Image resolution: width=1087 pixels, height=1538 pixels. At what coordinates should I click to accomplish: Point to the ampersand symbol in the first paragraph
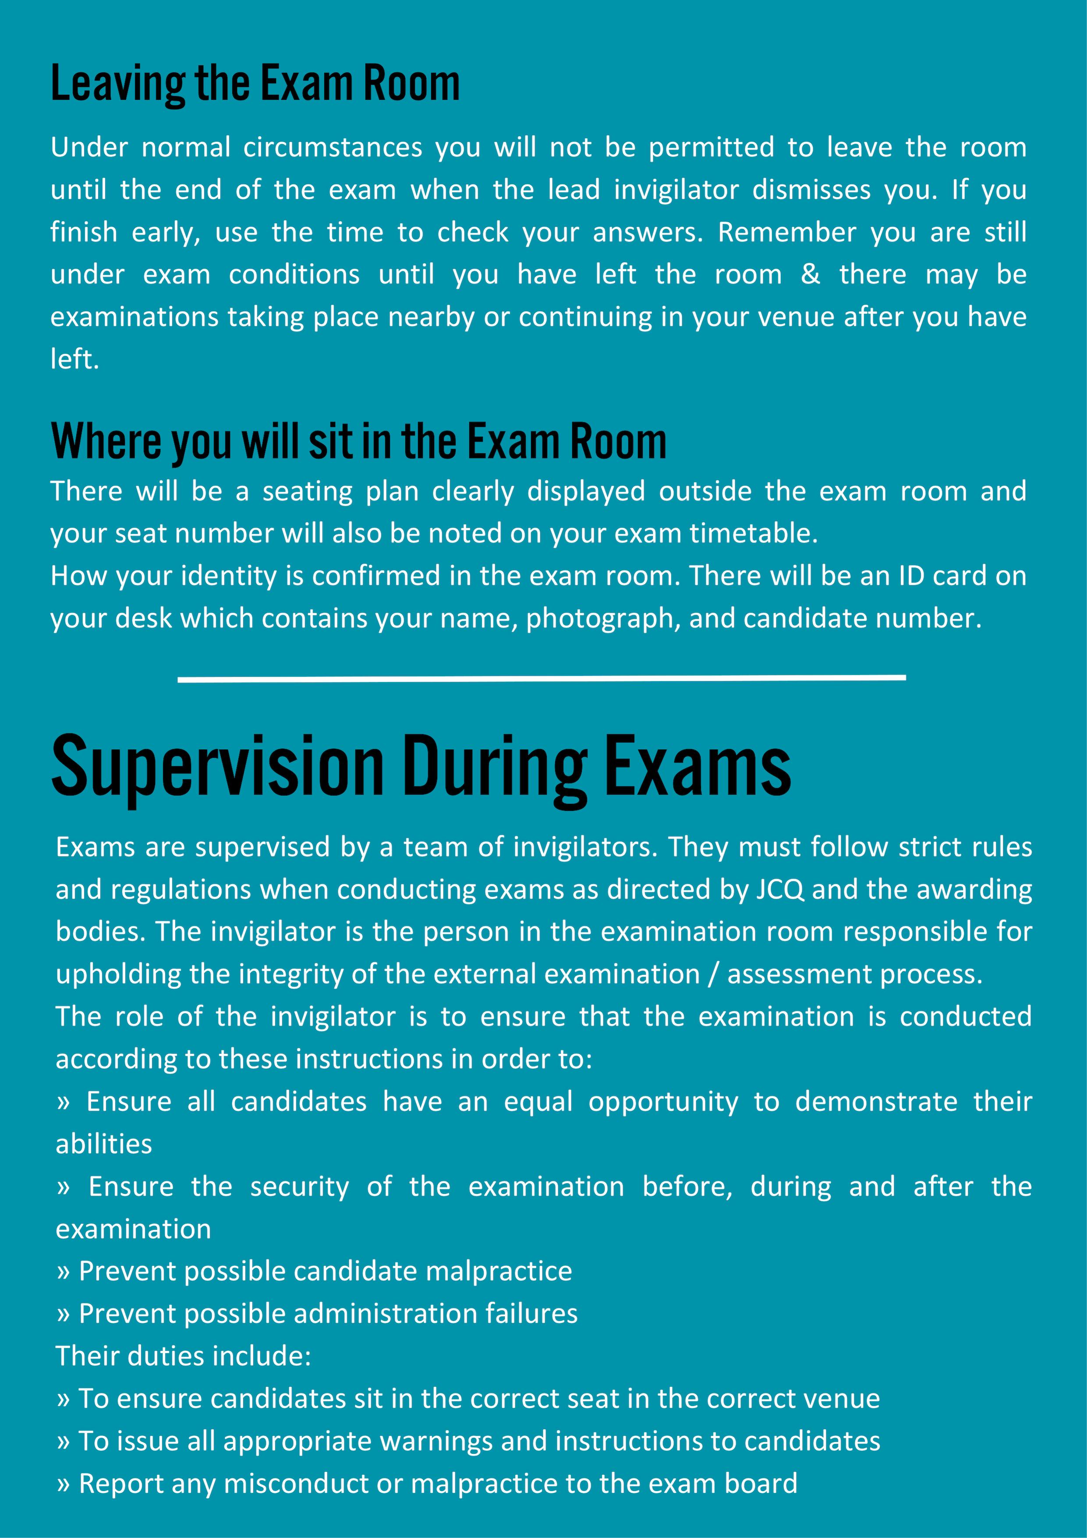(x=811, y=275)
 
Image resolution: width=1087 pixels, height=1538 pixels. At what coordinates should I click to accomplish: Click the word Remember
(x=787, y=232)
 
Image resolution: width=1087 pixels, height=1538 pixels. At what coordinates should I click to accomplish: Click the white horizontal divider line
(x=541, y=678)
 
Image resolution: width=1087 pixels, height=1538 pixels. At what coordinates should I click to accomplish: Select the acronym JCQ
(x=780, y=890)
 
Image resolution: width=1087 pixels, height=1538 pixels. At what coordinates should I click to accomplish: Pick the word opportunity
(x=663, y=1102)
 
